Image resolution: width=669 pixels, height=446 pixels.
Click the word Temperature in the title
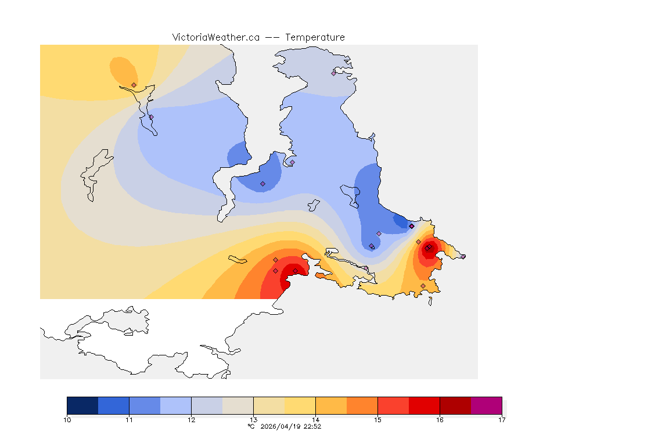pos(315,37)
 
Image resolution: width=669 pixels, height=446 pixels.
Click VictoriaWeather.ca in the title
pos(215,37)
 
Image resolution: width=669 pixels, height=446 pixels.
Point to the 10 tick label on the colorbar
pos(67,419)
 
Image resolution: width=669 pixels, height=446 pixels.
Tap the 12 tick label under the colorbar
pos(192,419)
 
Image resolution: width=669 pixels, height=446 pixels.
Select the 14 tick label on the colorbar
pos(315,419)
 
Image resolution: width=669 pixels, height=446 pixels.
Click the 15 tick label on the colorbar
pos(377,419)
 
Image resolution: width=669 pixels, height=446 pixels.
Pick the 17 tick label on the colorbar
pos(501,419)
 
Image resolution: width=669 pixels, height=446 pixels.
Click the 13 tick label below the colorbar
pos(253,419)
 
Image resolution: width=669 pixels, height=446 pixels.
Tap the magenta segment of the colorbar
pos(486,405)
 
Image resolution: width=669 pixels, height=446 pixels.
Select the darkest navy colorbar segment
pos(82,405)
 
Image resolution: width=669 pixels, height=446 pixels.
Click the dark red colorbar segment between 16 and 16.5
pos(455,405)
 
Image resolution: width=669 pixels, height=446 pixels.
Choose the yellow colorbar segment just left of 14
pos(300,405)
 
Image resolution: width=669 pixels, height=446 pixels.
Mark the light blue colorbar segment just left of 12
pos(175,405)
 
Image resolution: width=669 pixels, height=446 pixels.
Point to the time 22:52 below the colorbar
pos(312,426)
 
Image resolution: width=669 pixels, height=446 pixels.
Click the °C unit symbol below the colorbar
pos(251,426)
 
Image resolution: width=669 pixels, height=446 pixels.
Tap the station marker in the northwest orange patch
pos(134,85)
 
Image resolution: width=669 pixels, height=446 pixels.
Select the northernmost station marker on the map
pos(333,73)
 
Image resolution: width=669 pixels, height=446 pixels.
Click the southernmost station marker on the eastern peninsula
pos(423,286)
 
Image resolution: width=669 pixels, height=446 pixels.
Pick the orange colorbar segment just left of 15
pos(362,405)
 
